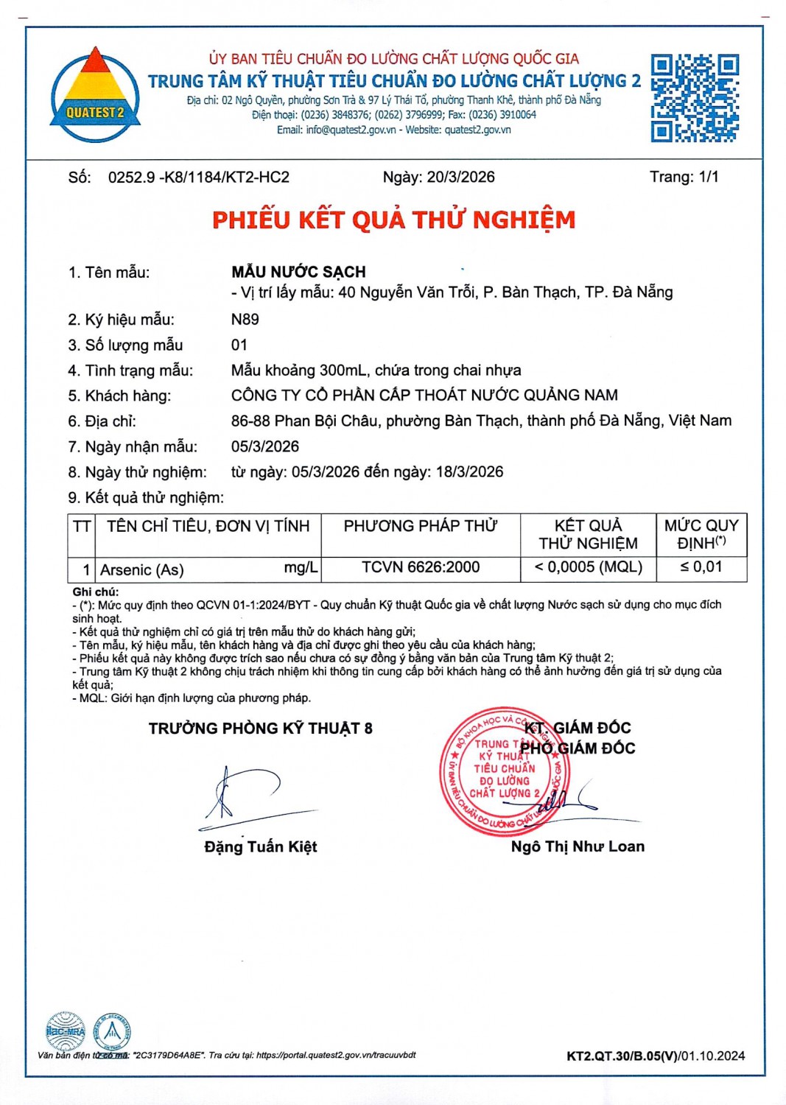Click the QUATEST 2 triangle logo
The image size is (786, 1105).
pos(95,95)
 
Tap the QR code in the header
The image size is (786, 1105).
pos(694,98)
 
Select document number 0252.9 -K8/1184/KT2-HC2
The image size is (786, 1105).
pos(198,178)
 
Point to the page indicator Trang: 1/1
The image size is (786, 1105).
pos(684,177)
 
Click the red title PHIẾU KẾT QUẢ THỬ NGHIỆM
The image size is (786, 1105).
pos(393,220)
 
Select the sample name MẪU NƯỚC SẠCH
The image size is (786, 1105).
pos(298,272)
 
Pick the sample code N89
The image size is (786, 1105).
pos(245,319)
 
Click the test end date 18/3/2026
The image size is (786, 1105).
pos(469,471)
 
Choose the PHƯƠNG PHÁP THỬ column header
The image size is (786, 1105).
pos(420,526)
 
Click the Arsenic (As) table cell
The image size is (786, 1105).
pos(142,569)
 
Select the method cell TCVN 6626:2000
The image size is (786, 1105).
pos(420,567)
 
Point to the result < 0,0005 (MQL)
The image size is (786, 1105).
pos(588,567)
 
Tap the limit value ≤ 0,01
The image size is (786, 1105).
pos(701,567)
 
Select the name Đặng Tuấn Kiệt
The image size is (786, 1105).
pos(261,846)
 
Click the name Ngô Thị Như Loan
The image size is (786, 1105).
pos(578,846)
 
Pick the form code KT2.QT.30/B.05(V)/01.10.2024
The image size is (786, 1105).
pos(655,1056)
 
